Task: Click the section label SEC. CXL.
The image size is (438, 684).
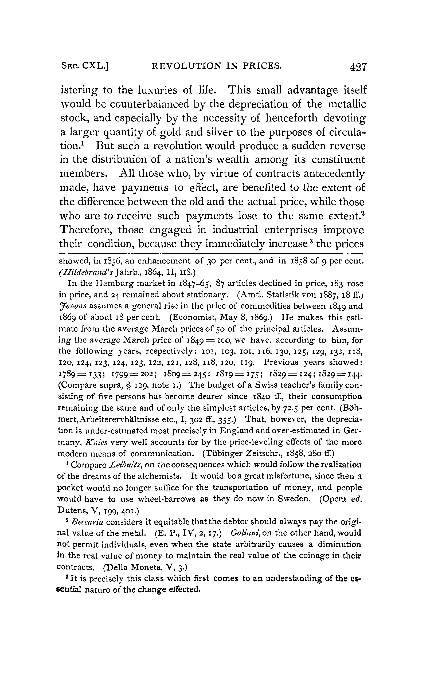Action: click(x=85, y=66)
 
